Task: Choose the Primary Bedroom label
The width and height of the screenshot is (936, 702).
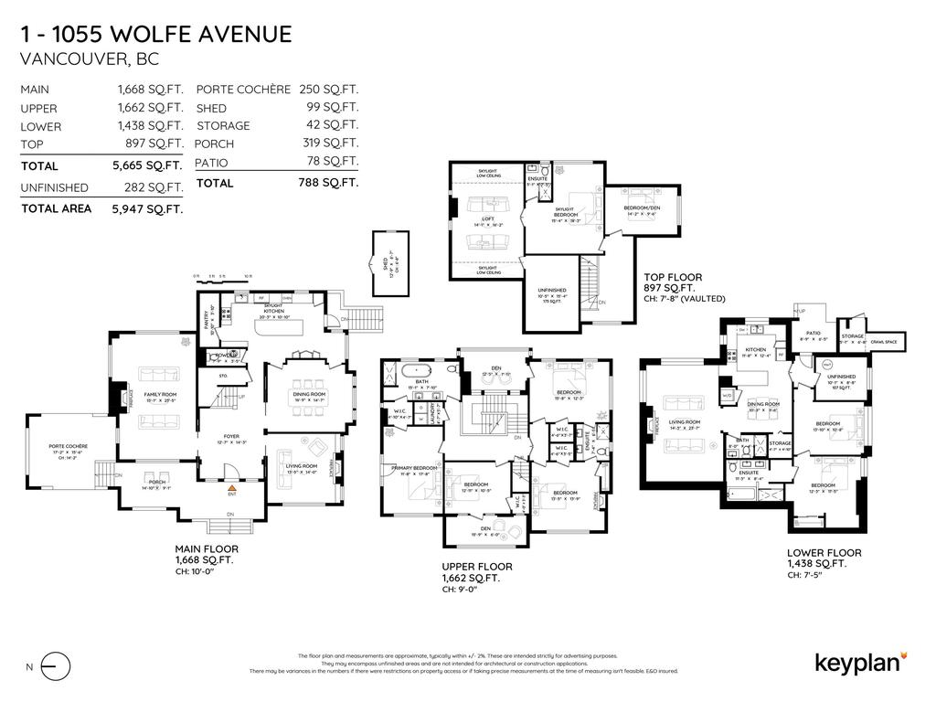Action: [x=410, y=469]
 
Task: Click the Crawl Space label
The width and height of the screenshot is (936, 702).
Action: [x=884, y=341]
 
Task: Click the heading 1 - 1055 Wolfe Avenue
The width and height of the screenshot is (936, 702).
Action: [x=156, y=35]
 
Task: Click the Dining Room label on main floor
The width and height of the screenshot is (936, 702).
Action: [x=309, y=393]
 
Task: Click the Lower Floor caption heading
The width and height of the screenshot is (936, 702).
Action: [x=824, y=553]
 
